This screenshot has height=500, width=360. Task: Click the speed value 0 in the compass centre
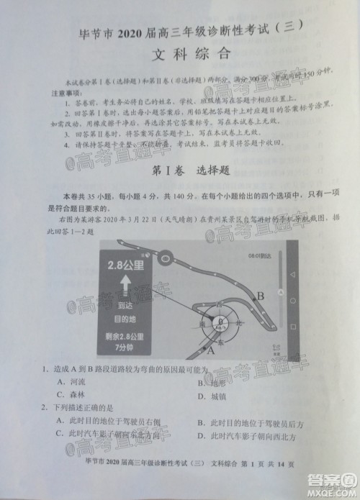pyautogui.click(x=222, y=321)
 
